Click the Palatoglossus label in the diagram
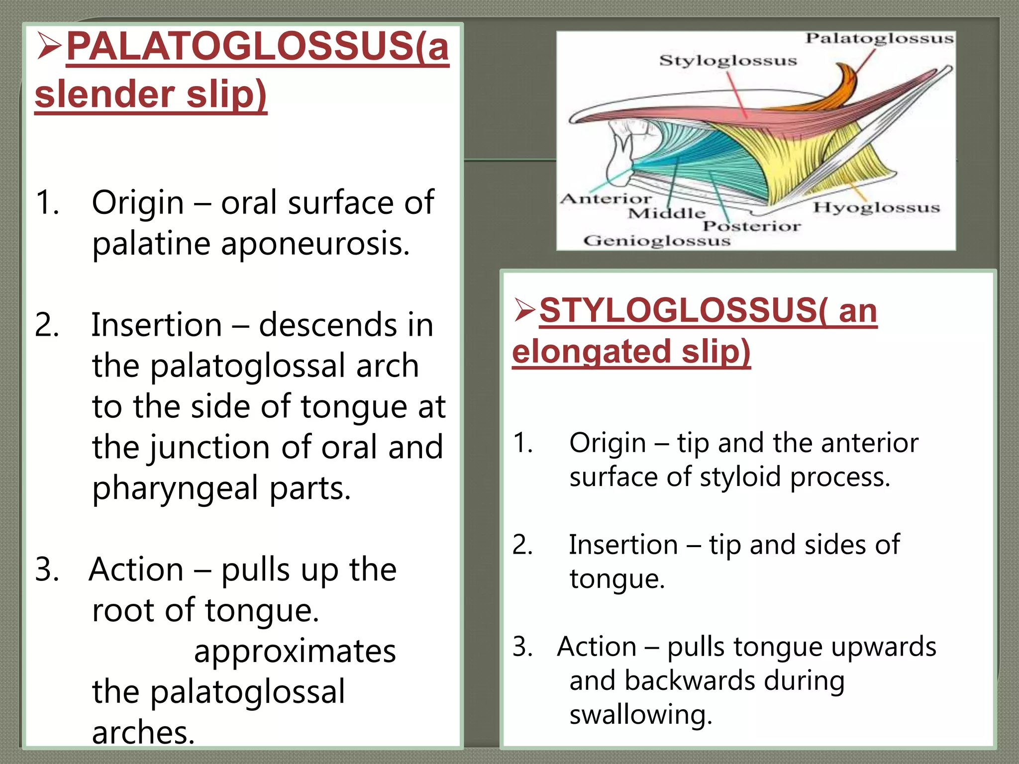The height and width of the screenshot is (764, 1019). pyautogui.click(x=879, y=39)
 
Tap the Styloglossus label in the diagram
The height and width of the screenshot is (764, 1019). pyautogui.click(x=728, y=61)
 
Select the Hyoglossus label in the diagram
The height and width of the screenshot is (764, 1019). pyautogui.click(x=876, y=207)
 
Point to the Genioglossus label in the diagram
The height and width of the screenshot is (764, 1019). pyautogui.click(x=657, y=241)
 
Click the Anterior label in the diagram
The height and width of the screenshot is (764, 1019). pyautogui.click(x=606, y=199)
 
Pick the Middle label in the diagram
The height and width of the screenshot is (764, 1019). pyautogui.click(x=666, y=214)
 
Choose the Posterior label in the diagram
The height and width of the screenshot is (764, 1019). pyautogui.click(x=751, y=227)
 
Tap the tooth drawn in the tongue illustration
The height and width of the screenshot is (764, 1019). pyautogui.click(x=622, y=149)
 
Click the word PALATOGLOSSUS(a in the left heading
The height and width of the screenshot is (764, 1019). pyautogui.click(x=258, y=46)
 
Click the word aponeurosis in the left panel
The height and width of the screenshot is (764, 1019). pyautogui.click(x=315, y=244)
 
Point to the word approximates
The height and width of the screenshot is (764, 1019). pyautogui.click(x=295, y=651)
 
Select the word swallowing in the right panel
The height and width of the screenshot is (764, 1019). pyautogui.click(x=640, y=715)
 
